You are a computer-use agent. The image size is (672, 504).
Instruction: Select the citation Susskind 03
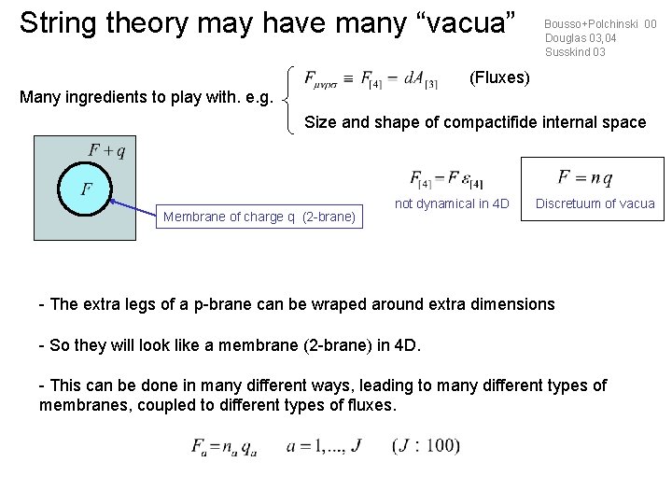point(575,52)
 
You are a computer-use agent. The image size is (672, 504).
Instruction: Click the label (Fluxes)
point(500,77)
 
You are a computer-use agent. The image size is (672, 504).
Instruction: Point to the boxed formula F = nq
point(585,177)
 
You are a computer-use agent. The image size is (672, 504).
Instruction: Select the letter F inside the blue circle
point(86,189)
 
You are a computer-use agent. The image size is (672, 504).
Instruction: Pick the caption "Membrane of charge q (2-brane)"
point(259,217)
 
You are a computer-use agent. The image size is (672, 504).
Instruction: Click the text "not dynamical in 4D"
point(453,203)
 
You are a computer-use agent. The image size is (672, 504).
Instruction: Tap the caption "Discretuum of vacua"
point(595,203)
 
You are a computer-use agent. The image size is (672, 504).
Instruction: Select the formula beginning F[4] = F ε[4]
point(445,177)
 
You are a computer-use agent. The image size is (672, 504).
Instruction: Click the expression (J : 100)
point(426,446)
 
